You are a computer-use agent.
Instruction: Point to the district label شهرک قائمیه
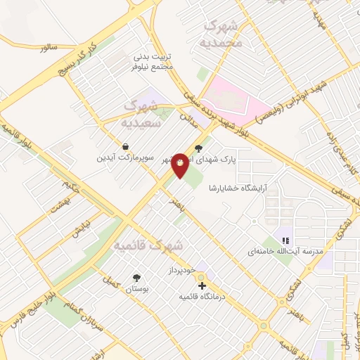(147, 245)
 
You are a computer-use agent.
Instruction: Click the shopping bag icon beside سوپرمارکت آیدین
(125, 147)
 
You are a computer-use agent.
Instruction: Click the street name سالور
(47, 47)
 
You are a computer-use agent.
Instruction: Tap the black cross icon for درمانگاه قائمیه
(202, 285)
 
